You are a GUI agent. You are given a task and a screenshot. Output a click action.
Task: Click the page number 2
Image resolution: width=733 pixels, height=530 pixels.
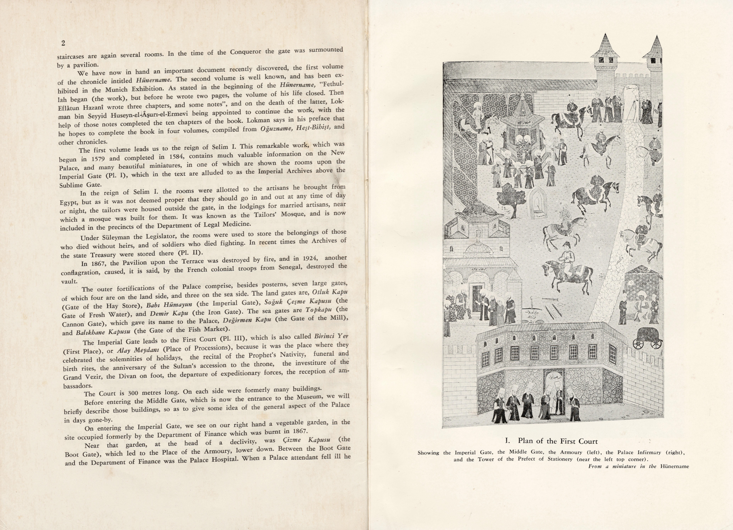pyautogui.click(x=63, y=43)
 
